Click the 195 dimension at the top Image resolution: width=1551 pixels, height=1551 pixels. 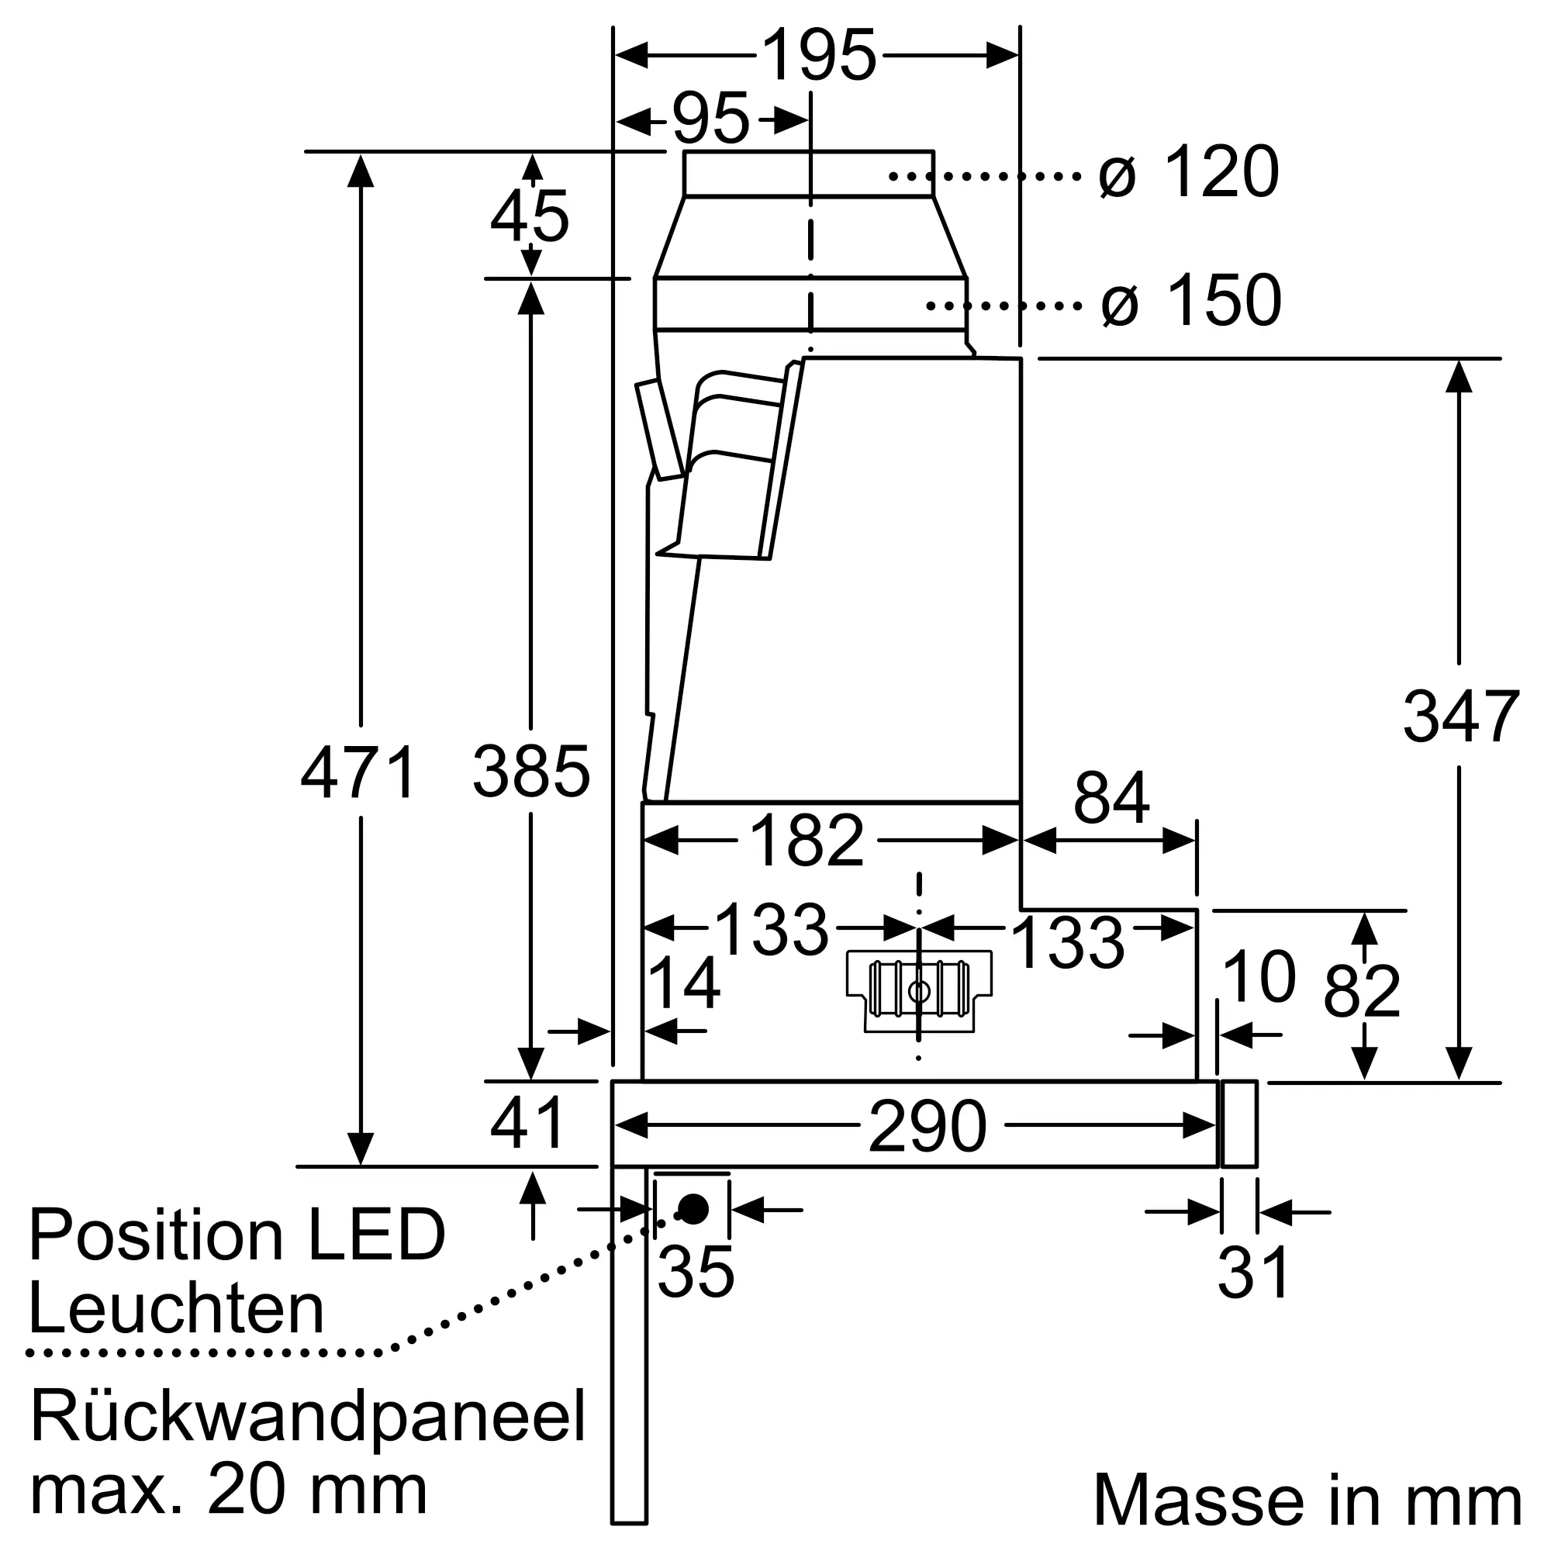click(818, 55)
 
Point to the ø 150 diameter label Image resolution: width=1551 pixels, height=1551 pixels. click(1190, 301)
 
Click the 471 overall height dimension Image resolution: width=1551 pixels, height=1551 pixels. click(359, 772)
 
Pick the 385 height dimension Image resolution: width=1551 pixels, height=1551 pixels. click(530, 772)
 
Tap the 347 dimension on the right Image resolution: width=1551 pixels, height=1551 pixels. click(1460, 717)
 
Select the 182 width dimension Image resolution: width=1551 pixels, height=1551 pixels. click(806, 841)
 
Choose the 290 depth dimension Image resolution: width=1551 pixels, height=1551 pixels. click(927, 1127)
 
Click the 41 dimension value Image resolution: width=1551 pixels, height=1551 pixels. click(528, 1124)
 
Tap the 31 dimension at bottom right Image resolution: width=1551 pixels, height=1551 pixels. click(1253, 1273)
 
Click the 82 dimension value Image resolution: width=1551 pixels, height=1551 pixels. click(1362, 993)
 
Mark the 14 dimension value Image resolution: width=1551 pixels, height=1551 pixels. click(683, 983)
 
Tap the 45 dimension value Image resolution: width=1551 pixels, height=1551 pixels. click(529, 217)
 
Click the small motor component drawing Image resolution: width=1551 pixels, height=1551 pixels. click(919, 990)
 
